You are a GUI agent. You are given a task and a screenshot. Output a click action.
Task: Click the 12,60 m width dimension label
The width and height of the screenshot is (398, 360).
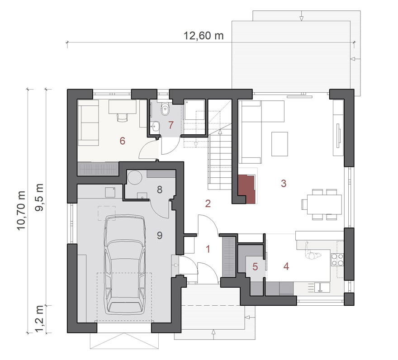click(x=204, y=35)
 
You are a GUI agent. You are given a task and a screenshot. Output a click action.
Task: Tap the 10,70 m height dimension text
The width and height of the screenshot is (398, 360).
click(x=21, y=211)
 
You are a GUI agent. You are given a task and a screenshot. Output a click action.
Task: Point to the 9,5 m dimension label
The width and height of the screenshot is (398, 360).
click(x=40, y=197)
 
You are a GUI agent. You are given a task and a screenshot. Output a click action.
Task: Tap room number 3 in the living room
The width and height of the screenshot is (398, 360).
click(x=284, y=183)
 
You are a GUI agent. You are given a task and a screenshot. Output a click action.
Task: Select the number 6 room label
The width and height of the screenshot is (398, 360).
click(x=123, y=141)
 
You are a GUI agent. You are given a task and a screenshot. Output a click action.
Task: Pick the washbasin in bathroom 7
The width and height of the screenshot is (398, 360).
click(x=155, y=126)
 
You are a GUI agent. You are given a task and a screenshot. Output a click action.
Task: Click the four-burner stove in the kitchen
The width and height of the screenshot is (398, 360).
click(x=337, y=260)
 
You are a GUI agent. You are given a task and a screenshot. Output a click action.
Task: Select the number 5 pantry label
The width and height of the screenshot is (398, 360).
click(x=255, y=267)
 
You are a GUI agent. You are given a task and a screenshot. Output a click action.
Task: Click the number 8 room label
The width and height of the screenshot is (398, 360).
click(x=159, y=189)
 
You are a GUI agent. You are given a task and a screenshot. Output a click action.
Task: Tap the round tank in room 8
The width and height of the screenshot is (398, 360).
click(x=134, y=177)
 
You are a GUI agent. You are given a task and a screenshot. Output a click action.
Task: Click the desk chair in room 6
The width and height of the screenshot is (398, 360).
click(x=122, y=118)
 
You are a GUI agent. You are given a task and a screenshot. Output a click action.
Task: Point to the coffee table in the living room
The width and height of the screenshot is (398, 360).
click(x=280, y=144)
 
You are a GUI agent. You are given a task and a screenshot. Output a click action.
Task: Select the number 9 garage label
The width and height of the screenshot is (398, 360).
click(x=159, y=235)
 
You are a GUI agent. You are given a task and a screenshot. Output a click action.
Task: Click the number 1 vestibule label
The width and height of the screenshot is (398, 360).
click(x=208, y=249)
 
